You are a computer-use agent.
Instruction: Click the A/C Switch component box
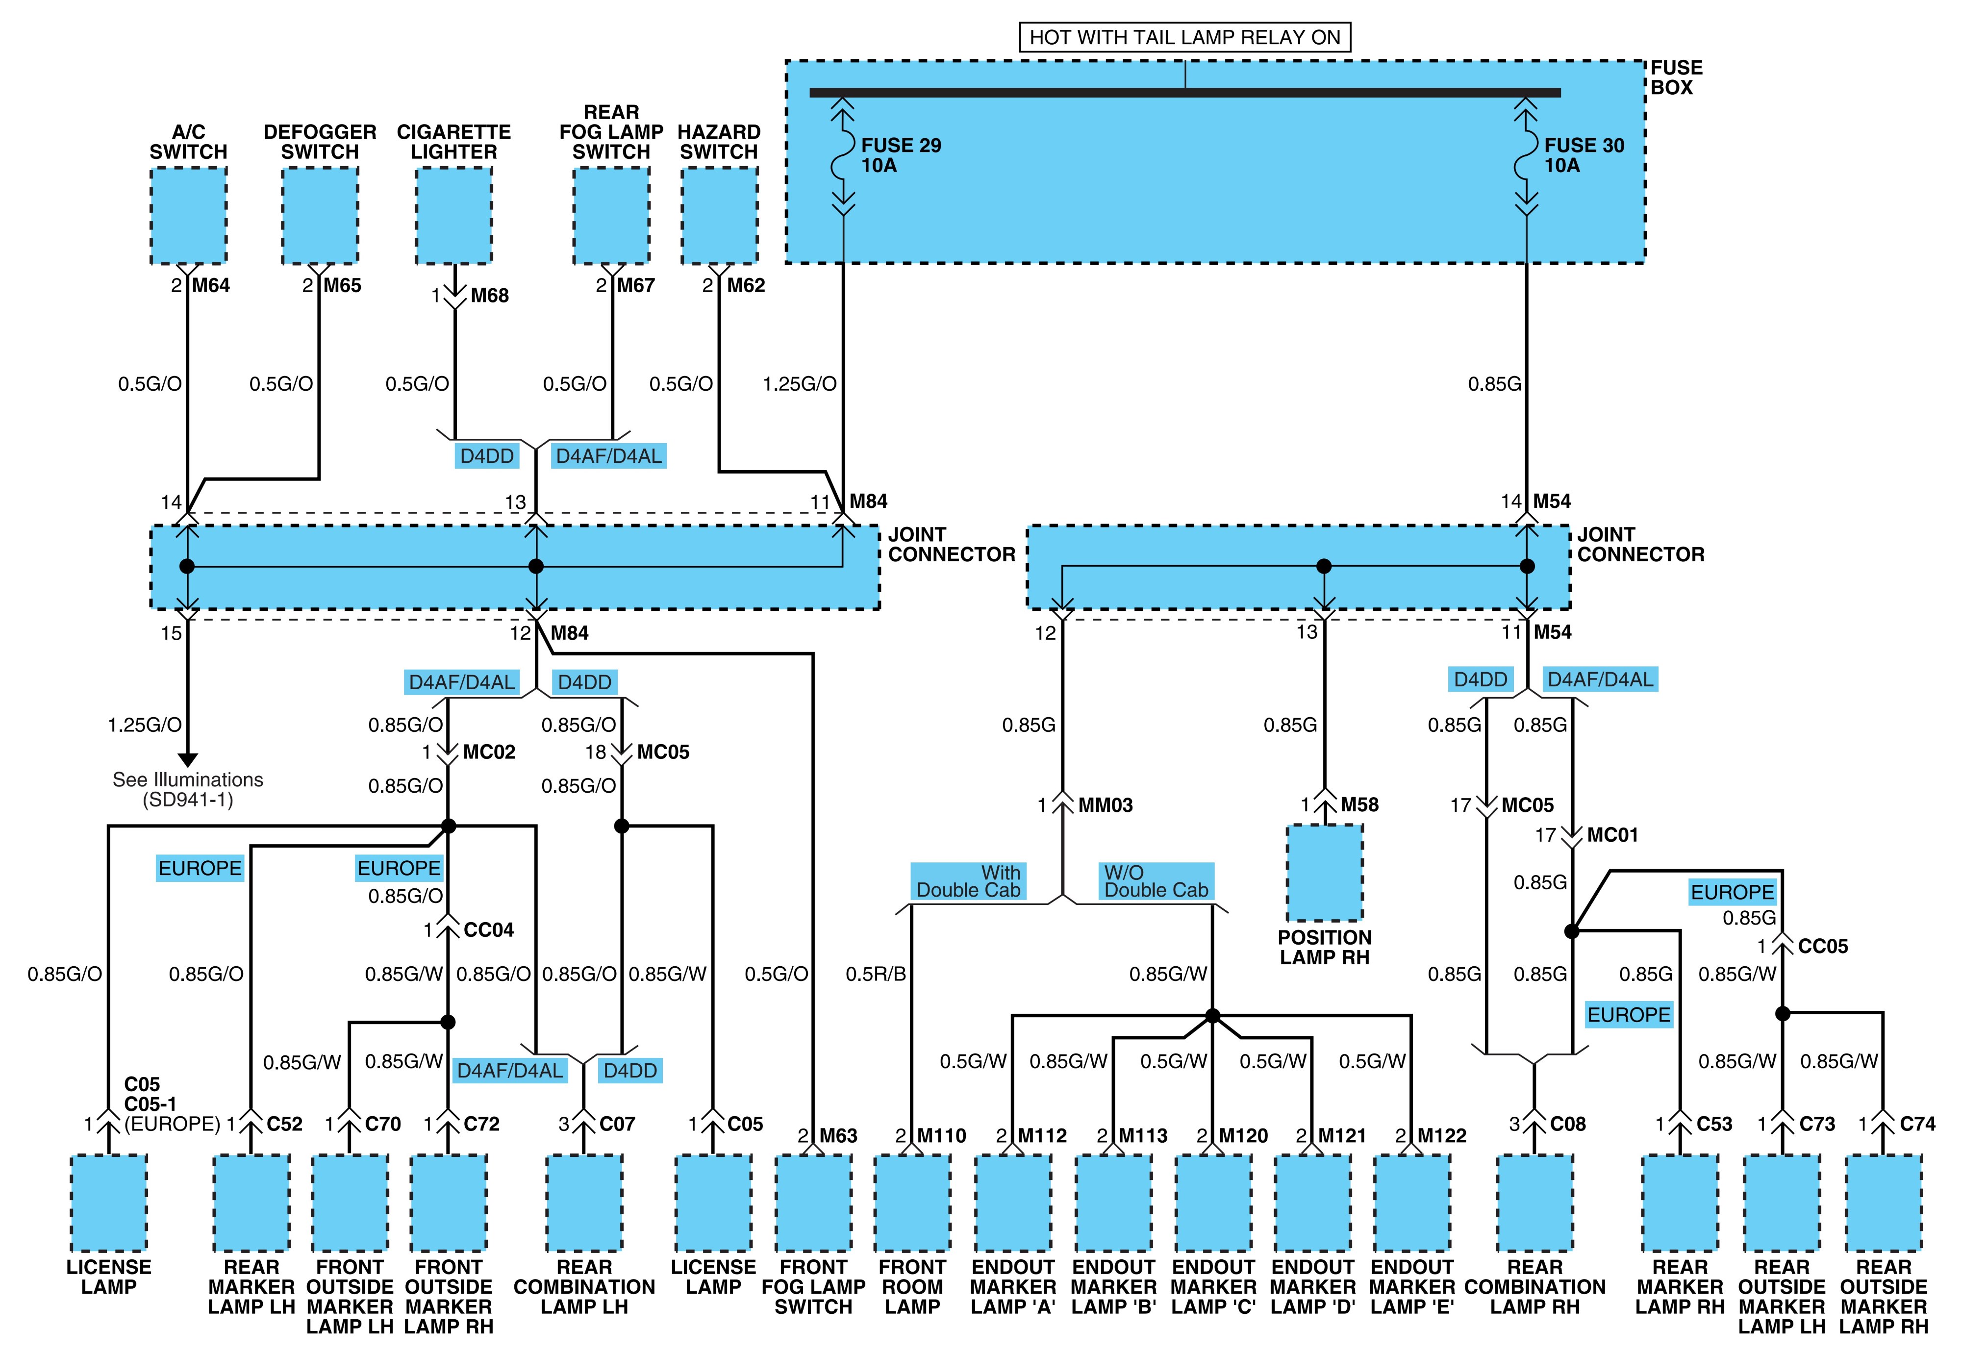click(188, 215)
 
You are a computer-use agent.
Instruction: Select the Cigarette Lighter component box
click(453, 215)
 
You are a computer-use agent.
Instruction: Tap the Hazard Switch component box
click(719, 215)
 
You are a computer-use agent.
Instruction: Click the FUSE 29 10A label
click(901, 155)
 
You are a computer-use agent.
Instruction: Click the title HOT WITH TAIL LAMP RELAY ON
click(1184, 37)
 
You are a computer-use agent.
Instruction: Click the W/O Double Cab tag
click(1156, 881)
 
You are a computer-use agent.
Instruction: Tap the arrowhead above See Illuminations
click(187, 759)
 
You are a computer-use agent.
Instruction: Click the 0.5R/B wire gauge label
click(876, 974)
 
